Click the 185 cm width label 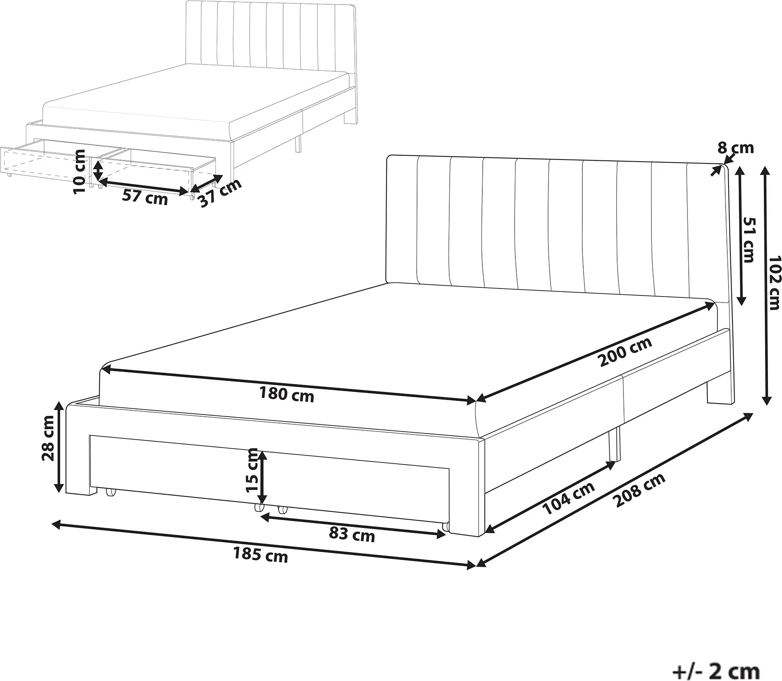pos(260,555)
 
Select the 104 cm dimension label pos(569,499)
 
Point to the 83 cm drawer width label pos(352,535)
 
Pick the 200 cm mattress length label pos(625,352)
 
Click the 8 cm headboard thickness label pos(736,148)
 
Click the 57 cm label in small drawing pos(145,197)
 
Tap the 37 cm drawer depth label pos(220,193)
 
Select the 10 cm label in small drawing pos(80,172)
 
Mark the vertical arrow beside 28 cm pos(59,448)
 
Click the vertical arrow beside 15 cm pos(263,477)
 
